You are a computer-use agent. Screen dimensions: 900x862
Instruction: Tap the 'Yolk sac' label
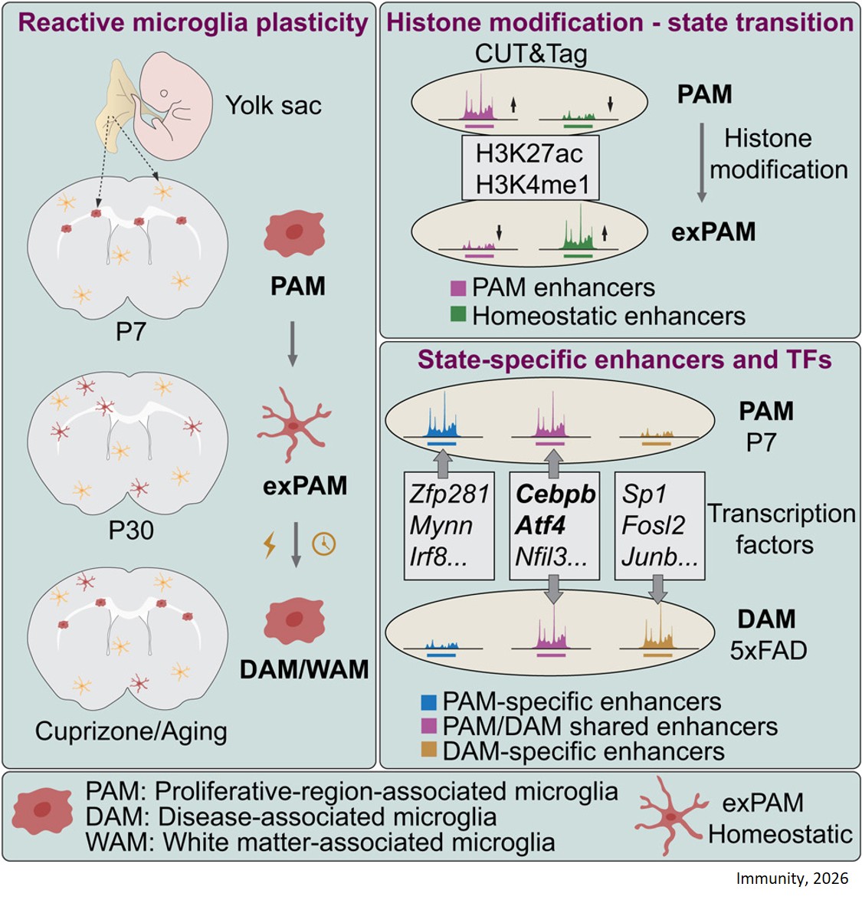(x=274, y=105)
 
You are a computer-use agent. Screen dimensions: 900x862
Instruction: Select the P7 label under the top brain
(x=130, y=333)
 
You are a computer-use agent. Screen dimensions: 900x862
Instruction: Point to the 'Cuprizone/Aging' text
(x=131, y=731)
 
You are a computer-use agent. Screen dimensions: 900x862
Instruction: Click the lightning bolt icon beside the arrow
(x=270, y=544)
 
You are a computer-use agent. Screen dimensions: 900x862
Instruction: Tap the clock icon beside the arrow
(x=324, y=544)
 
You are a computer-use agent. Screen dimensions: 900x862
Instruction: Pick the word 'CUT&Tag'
(x=531, y=53)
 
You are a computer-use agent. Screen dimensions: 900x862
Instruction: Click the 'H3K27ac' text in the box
(x=529, y=153)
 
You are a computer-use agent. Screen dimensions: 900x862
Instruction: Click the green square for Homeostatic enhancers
(x=458, y=314)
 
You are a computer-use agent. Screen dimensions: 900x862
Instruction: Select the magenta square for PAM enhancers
(x=458, y=287)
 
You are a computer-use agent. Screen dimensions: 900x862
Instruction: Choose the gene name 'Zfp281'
(x=448, y=494)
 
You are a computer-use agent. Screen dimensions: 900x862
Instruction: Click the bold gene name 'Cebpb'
(x=556, y=494)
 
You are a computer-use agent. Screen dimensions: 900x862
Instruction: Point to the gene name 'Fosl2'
(x=653, y=525)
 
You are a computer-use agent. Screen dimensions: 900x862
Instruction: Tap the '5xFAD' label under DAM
(x=768, y=650)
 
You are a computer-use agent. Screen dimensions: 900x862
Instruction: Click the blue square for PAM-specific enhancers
(x=429, y=701)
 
